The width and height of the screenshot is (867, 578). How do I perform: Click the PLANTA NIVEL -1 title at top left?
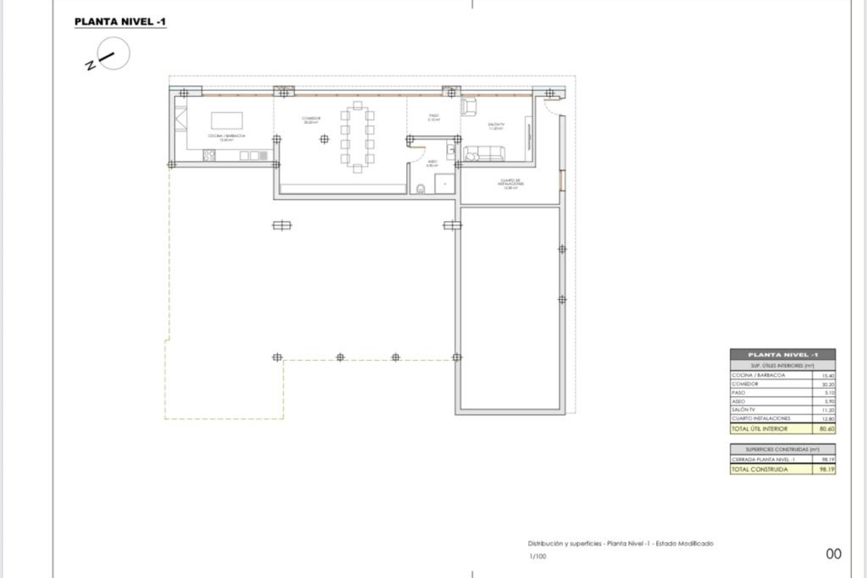coord(120,22)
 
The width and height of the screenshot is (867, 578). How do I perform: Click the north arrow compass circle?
coord(113,53)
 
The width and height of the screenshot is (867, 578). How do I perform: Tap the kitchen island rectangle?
coord(227,121)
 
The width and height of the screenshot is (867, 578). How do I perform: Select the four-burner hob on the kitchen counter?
coord(209,156)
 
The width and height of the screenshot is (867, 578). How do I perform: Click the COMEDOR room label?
coord(311,120)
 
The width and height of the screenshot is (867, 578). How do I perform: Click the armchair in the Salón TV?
coord(469,107)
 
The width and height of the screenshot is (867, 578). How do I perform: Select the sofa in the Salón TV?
coord(485,154)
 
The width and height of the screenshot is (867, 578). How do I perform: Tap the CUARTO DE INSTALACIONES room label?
coord(511,183)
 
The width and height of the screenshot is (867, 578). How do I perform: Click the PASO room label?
coord(433,117)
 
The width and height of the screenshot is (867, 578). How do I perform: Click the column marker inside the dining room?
coord(324,139)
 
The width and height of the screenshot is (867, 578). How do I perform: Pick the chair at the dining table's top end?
coord(358,106)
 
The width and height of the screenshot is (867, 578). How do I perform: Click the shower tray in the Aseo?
coord(444,184)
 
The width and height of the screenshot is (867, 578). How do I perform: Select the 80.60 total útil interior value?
coord(826,429)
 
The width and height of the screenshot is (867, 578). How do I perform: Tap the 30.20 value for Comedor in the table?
coord(828,384)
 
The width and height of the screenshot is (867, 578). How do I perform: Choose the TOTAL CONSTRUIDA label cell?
coord(760,470)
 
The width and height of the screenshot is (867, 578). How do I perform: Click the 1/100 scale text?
coord(538,556)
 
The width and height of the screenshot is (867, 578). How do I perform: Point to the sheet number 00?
coord(834,554)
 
